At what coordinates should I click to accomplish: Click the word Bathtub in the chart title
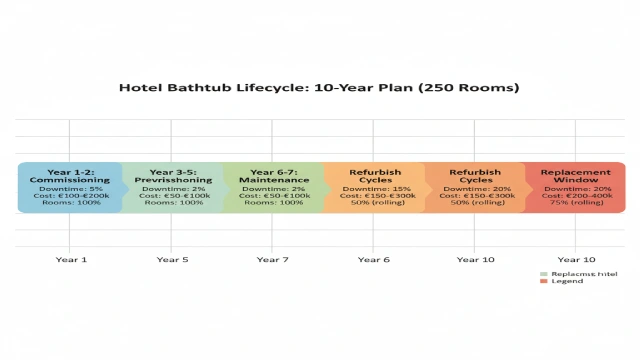coord(208,87)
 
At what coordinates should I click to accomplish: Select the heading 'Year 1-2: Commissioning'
coord(70,176)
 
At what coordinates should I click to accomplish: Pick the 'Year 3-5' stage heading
coord(172,172)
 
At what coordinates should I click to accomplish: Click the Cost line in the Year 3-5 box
coord(172,196)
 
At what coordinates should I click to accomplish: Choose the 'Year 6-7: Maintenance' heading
coord(272,176)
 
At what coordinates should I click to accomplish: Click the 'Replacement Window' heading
coord(575,176)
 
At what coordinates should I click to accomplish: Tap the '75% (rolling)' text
coord(575,203)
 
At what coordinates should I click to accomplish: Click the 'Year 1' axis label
coord(71,260)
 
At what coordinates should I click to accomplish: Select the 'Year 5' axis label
coord(172,260)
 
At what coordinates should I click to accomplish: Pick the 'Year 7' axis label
coord(272,260)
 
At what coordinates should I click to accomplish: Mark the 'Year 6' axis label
coord(373,260)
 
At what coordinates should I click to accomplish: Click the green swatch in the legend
coord(543,273)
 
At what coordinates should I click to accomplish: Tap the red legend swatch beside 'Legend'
coord(543,281)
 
